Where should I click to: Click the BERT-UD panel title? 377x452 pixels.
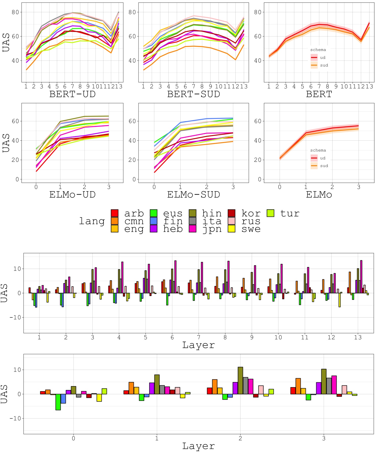tap(72, 94)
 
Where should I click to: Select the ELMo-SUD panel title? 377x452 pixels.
tap(193, 195)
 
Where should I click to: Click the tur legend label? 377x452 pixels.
tap(290, 213)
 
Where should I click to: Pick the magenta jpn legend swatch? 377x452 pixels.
tap(193, 229)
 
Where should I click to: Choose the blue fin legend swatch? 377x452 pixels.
tap(154, 221)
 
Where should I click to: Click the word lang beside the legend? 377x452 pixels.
tap(92, 221)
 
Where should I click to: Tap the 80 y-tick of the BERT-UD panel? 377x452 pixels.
tap(15, 12)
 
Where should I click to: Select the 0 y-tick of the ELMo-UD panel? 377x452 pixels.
tap(17, 179)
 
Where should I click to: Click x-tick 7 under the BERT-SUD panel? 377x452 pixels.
tap(194, 87)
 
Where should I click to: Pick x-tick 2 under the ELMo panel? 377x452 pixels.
tap(332, 187)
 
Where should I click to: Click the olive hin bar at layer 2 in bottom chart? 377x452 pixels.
tap(240, 380)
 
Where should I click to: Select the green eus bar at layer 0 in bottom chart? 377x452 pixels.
tap(58, 402)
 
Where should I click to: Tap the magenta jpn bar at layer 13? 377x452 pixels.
tap(361, 277)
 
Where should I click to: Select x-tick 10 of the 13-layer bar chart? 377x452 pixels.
tap(278, 338)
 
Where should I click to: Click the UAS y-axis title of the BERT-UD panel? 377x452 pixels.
tap(6, 42)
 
